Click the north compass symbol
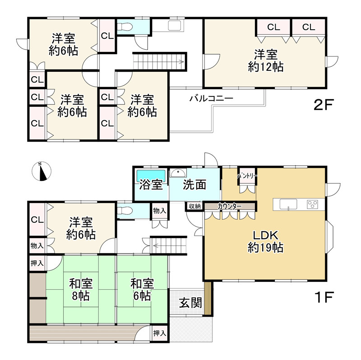(x=42, y=171)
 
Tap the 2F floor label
(x=324, y=105)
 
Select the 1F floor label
(x=324, y=297)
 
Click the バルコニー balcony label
(x=211, y=98)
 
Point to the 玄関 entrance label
(x=190, y=302)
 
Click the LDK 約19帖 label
(x=265, y=241)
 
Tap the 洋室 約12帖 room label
(x=266, y=60)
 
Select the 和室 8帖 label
(x=81, y=290)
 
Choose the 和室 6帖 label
(x=142, y=290)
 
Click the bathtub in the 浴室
(x=151, y=176)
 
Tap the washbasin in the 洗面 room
(x=178, y=173)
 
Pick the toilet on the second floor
(x=125, y=27)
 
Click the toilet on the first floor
(x=125, y=211)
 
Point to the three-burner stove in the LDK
(x=312, y=204)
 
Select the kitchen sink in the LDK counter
(x=288, y=204)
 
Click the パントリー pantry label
(x=247, y=176)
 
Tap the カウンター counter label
(x=230, y=206)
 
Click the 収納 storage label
(x=195, y=206)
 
